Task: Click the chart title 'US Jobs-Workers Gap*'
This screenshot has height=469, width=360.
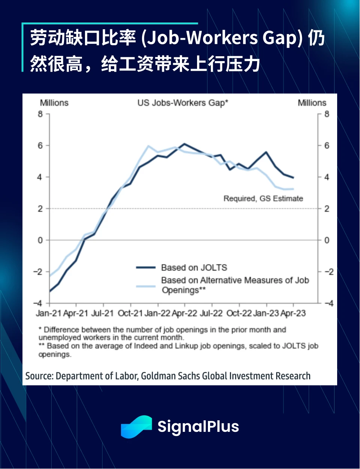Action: click(x=182, y=103)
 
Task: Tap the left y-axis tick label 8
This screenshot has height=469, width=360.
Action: click(x=40, y=114)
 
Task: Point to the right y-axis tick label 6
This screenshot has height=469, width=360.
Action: click(x=327, y=145)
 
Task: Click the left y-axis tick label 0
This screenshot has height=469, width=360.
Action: click(x=40, y=240)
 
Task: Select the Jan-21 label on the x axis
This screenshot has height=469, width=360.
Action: click(x=49, y=313)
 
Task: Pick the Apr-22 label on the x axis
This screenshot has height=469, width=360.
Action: click(x=184, y=313)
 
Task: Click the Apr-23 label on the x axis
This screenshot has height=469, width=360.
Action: click(x=293, y=313)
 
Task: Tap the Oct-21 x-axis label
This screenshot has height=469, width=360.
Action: click(x=130, y=313)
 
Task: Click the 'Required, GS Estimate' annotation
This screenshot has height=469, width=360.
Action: click(x=263, y=198)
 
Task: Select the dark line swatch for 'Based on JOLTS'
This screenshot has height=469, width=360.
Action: click(x=146, y=268)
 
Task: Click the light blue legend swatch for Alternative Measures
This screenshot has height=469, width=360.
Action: click(x=146, y=286)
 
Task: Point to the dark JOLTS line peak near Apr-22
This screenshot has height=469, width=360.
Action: click(x=184, y=144)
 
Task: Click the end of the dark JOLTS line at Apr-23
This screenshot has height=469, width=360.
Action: click(x=293, y=178)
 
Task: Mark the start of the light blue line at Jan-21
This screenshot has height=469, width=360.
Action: click(x=50, y=276)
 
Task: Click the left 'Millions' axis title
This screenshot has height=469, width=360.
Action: click(x=54, y=103)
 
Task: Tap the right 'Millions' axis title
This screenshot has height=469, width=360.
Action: click(x=312, y=103)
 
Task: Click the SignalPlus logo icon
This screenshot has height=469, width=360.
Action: click(x=136, y=427)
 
